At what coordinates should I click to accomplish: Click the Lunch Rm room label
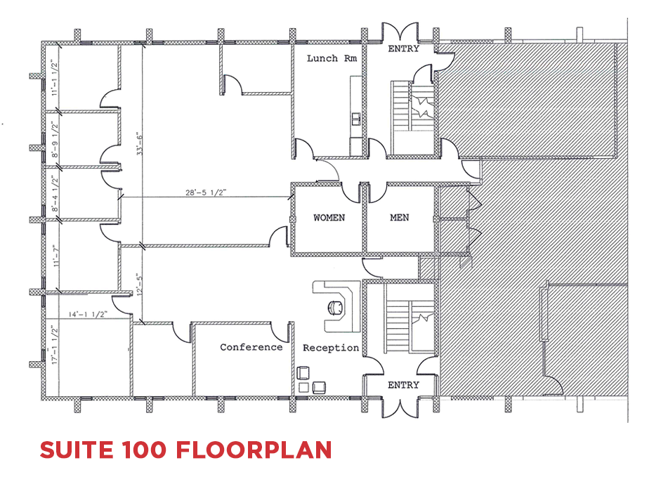point(332,58)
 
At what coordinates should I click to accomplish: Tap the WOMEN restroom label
point(329,218)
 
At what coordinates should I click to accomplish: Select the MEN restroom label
point(399,218)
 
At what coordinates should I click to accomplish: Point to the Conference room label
point(251,347)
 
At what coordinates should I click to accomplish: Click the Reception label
point(331,348)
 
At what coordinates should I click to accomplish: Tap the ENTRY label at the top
point(403,49)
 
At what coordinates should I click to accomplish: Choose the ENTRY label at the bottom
point(403,385)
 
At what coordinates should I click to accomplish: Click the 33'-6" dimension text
point(139,143)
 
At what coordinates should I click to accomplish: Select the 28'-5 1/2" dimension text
point(206,192)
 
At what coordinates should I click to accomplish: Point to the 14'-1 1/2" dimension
point(88,314)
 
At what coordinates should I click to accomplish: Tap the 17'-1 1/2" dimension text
point(53,344)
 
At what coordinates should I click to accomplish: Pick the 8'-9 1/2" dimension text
point(55,140)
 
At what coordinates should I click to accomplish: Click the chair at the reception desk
point(336,308)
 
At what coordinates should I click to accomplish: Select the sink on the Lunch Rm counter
point(357,119)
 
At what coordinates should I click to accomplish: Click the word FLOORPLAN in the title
point(254,450)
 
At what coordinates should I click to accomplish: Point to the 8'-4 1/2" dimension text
point(55,194)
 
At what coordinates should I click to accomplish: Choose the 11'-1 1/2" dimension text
point(55,77)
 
